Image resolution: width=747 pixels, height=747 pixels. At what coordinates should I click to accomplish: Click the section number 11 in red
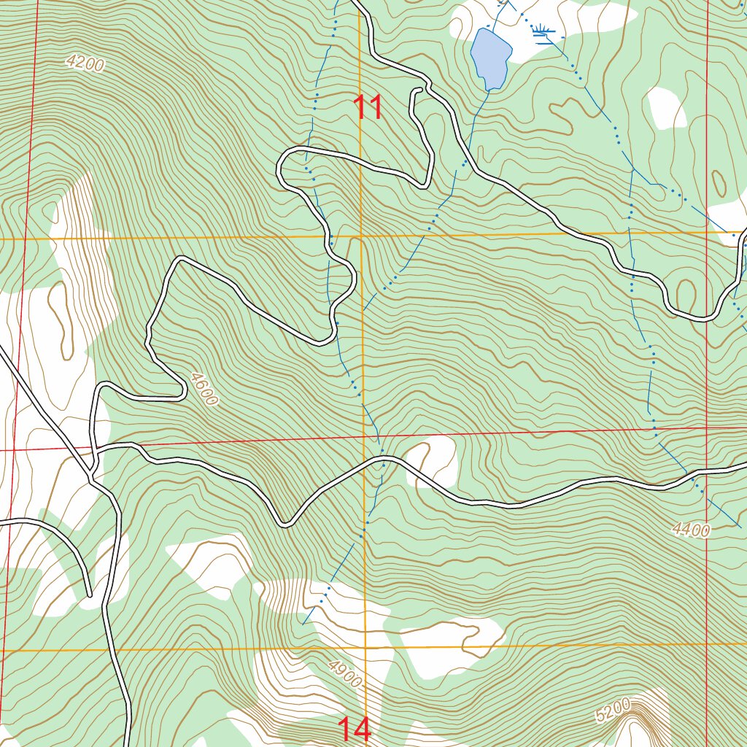click(x=368, y=107)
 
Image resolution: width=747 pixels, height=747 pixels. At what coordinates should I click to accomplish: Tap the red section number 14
click(x=355, y=729)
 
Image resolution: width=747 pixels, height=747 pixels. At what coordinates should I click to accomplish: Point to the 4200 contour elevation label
click(x=85, y=63)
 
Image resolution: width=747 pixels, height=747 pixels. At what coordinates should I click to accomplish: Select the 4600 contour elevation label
click(x=203, y=389)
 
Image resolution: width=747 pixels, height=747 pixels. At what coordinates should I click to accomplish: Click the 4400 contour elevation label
click(x=691, y=530)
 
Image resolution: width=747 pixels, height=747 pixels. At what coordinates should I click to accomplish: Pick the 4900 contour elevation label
click(x=344, y=673)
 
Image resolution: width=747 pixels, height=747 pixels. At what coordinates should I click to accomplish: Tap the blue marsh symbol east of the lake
click(x=543, y=30)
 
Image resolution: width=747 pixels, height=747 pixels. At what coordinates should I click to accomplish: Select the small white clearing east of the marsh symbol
click(x=665, y=107)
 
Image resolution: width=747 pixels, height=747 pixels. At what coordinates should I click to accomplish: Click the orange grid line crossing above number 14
click(x=365, y=648)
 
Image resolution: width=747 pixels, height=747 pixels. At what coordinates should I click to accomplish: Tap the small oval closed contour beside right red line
click(x=719, y=184)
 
